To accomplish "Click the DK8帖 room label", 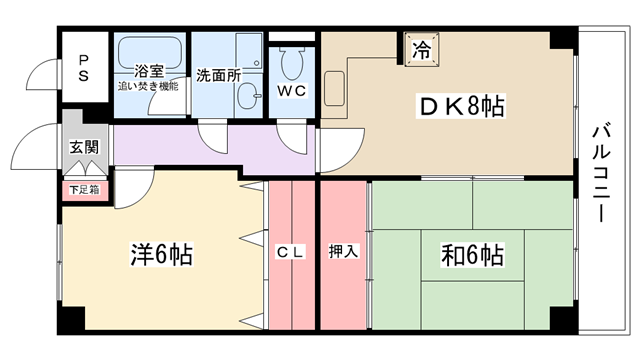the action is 461,106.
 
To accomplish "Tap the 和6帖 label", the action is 472,255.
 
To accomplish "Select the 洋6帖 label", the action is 161,254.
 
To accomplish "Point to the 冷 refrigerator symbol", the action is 422,50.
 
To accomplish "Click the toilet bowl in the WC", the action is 292,62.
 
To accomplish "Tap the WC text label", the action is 292,91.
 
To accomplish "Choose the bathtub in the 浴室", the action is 150,53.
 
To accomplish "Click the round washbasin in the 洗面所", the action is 249,96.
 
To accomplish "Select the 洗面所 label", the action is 218,75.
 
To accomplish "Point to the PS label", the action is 84,68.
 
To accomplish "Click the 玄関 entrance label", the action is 84,147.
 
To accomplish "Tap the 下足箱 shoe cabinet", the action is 85,190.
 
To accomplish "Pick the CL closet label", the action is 291,252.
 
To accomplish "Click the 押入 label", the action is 343,251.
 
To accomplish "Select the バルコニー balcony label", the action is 601,174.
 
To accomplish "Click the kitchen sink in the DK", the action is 335,89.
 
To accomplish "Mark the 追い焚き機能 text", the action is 148,87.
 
